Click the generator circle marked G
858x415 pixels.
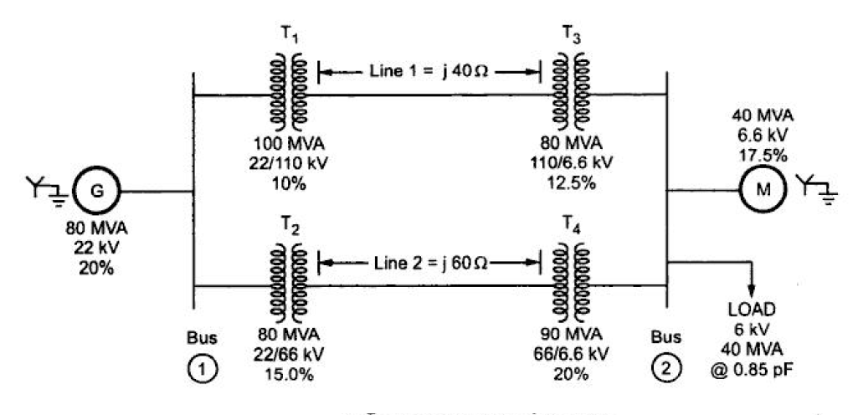coord(97,191)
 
